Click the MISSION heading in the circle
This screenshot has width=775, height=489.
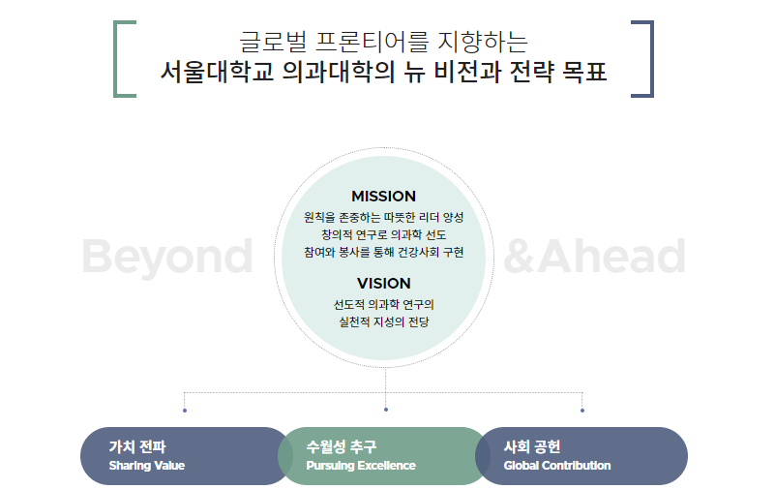click(383, 196)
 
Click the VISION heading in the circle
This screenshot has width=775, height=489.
click(383, 283)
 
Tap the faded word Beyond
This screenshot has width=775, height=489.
click(166, 257)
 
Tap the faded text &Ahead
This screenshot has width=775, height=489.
click(595, 257)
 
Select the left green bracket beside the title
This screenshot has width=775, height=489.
click(121, 58)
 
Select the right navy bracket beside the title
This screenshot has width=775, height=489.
click(645, 58)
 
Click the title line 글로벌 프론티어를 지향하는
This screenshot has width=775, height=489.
click(383, 42)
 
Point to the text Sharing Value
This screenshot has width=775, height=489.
click(147, 466)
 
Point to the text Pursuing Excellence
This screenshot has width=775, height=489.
click(361, 466)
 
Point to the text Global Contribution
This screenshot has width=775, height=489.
click(557, 466)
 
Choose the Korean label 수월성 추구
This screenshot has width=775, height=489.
click(341, 446)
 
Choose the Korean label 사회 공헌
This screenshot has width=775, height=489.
click(532, 446)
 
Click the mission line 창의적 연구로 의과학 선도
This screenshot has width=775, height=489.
click(383, 234)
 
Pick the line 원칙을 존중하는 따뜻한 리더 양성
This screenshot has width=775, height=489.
click(383, 217)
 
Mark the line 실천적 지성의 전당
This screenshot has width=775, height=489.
click(383, 321)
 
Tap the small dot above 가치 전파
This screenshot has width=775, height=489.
click(185, 411)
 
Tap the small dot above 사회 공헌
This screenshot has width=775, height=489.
click(582, 411)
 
